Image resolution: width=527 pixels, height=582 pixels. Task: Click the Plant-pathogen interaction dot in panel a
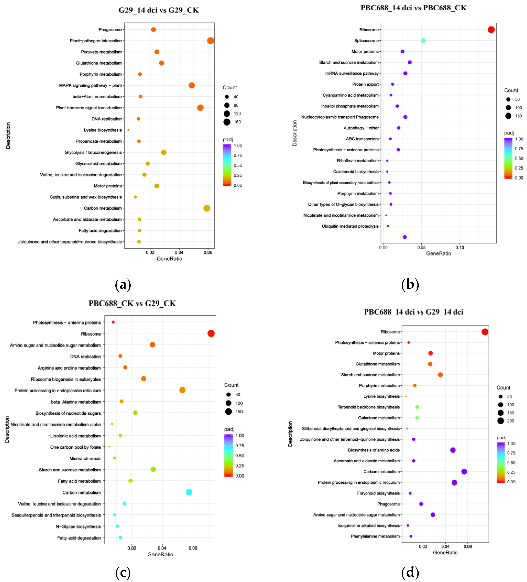(210, 41)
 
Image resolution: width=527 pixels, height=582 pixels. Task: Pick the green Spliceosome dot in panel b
(423, 40)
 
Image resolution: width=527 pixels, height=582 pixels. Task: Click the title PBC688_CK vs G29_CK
(132, 303)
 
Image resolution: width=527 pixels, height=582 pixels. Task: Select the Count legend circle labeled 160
(227, 122)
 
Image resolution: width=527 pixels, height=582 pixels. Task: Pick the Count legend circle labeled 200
(501, 421)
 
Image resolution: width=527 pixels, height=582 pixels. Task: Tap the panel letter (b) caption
(410, 285)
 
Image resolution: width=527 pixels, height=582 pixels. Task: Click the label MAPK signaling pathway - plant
(90, 85)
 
